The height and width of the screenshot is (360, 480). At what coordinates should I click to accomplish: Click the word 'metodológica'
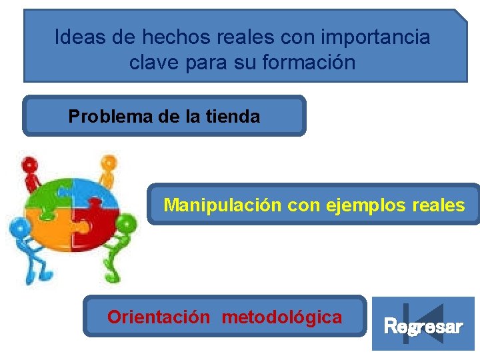[281, 317]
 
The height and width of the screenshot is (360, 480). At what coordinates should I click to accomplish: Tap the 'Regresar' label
[423, 327]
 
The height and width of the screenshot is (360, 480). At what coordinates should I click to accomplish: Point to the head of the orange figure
[107, 162]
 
